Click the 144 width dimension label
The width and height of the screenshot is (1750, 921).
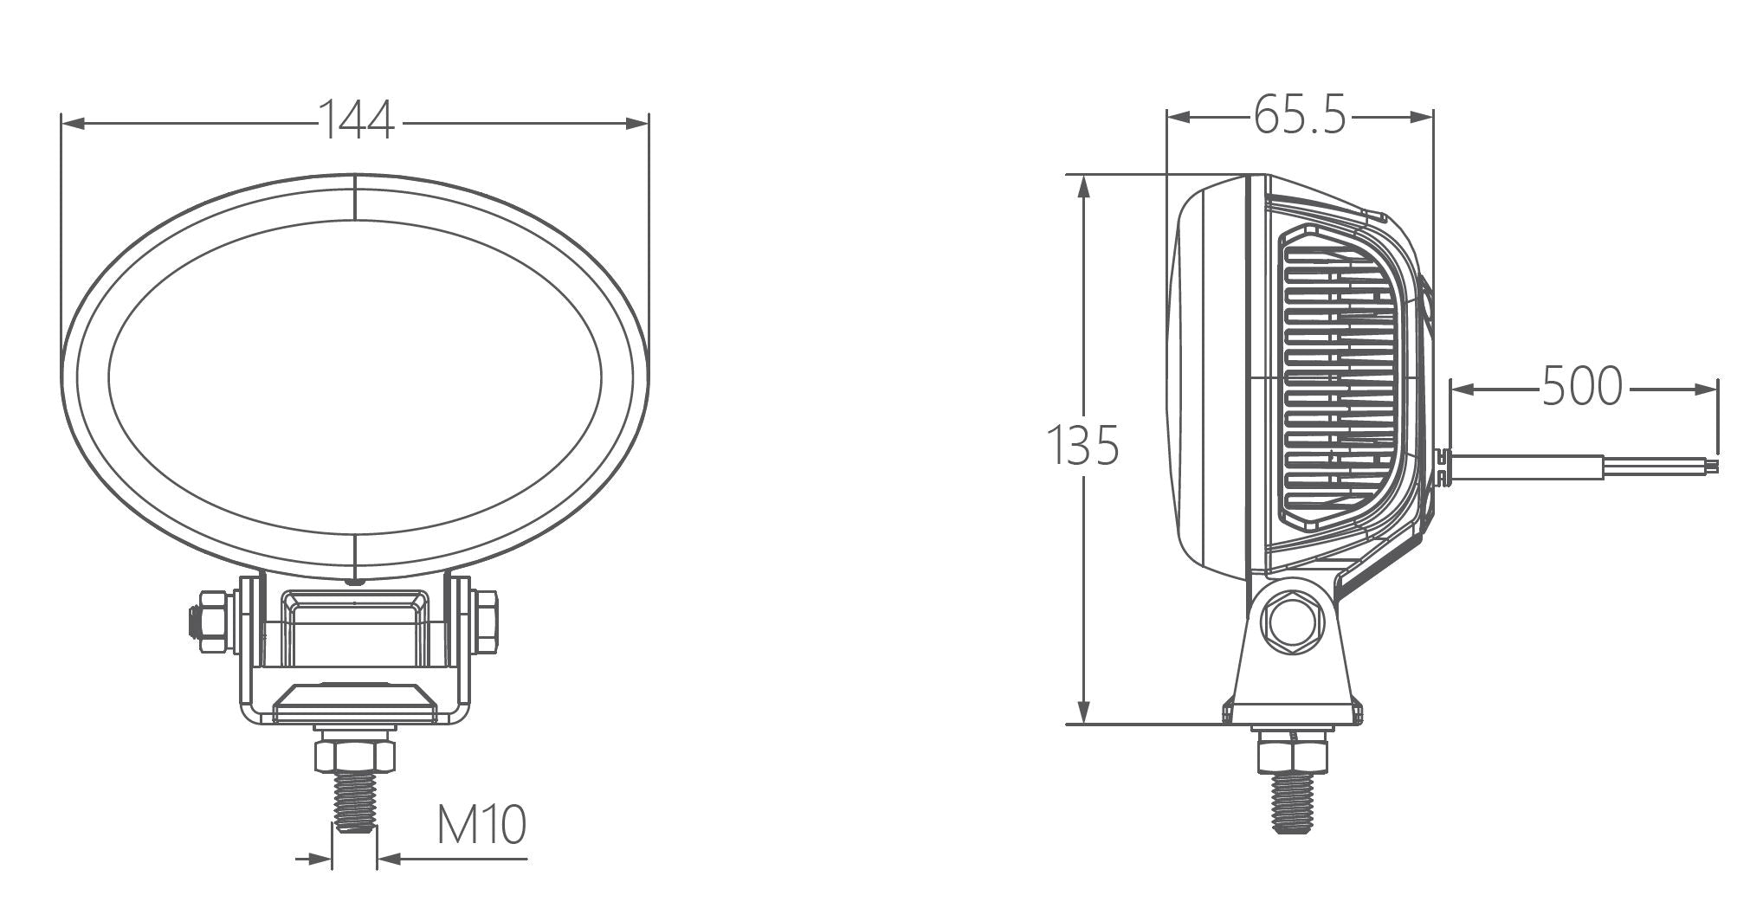357,119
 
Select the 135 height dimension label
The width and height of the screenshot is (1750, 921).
1082,445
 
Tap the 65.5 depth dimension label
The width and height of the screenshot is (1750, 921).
1300,114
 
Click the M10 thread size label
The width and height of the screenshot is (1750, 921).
481,824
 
